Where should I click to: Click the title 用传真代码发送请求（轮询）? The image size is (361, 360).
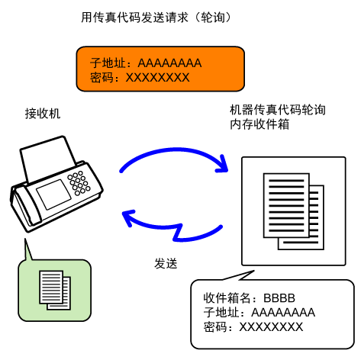point(156,18)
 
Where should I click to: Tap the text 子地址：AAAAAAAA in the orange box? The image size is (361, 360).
point(146,63)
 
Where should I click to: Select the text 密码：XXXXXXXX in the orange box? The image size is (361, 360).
point(140,77)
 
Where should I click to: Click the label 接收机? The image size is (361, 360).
point(43,114)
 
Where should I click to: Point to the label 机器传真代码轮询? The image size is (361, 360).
point(278,110)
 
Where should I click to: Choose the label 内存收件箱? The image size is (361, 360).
point(259,124)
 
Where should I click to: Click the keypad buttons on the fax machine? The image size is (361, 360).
point(79,183)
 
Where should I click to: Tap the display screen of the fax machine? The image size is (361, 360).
point(53,194)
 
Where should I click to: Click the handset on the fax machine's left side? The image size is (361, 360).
point(25,207)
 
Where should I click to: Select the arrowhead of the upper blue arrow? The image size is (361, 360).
point(222,164)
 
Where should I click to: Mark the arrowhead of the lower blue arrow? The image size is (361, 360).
point(128,217)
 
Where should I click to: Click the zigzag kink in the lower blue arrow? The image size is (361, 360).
point(178,232)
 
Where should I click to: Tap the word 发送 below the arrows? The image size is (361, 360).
point(166,263)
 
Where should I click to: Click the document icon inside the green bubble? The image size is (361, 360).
point(55,290)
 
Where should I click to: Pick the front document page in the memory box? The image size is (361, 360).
point(286,205)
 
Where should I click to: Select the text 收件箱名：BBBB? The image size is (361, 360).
point(249,297)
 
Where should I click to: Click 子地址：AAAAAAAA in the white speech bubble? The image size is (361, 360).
point(259,312)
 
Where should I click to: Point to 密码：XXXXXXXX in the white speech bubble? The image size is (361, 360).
point(253,326)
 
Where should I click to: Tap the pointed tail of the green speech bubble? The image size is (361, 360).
point(25,239)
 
